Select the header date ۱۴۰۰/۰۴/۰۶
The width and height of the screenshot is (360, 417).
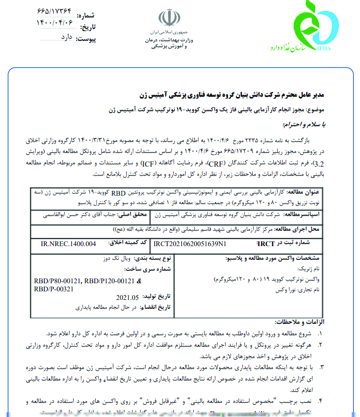pyautogui.click(x=55, y=22)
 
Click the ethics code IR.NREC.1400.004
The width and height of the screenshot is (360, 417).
pyautogui.click(x=69, y=244)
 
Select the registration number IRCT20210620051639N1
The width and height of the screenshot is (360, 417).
pyautogui.click(x=191, y=244)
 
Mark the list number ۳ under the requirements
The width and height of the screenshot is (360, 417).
pyautogui.click(x=321, y=367)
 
